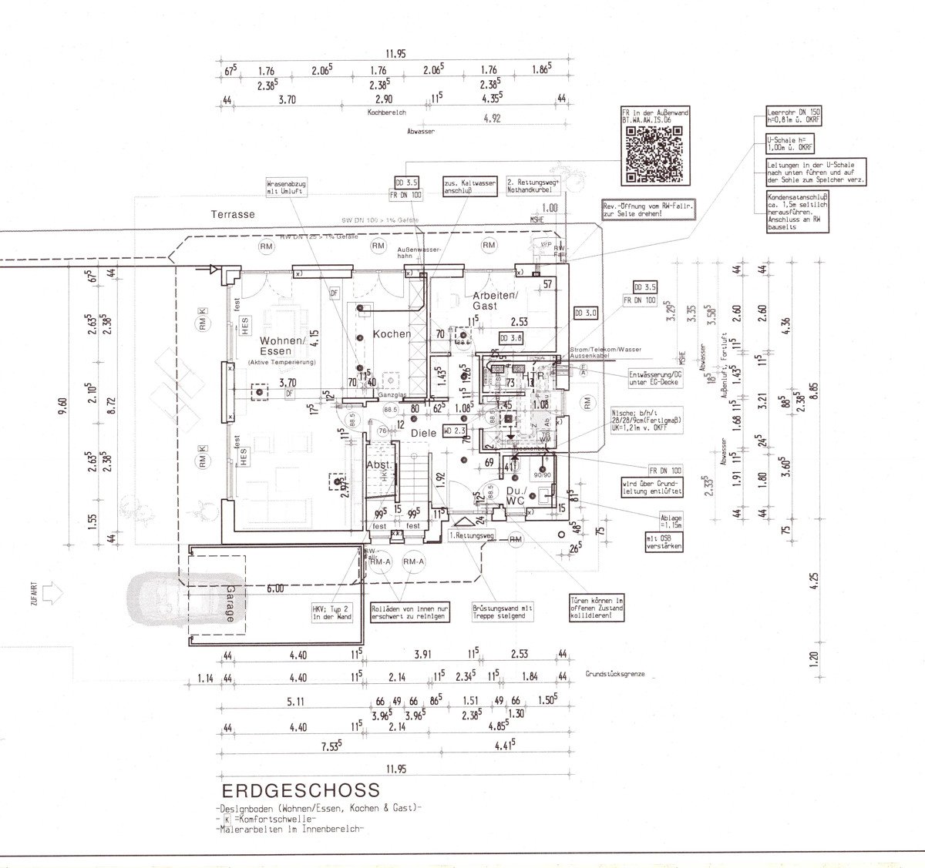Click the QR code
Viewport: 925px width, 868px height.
click(652, 156)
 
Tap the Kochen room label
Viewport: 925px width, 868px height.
click(392, 334)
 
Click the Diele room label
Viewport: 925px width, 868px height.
click(423, 434)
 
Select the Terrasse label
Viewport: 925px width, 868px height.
click(233, 216)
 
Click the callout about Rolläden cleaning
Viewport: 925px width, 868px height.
click(409, 611)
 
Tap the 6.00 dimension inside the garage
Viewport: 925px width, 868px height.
click(276, 588)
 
